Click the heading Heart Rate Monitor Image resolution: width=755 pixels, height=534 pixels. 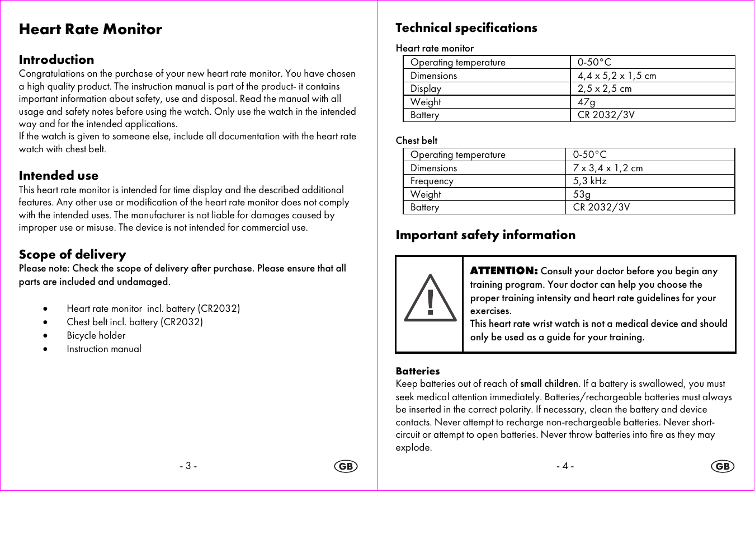91,30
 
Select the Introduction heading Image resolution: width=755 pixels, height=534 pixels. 56,60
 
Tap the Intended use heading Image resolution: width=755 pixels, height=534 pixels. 59,176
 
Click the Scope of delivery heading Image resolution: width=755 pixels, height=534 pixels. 73,255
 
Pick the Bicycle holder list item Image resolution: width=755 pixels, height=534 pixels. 96,336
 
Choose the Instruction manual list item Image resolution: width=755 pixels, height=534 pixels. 104,349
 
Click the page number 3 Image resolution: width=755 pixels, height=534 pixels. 188,466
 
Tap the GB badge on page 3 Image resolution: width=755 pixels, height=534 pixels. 346,466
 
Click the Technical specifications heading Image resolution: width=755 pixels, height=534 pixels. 466,28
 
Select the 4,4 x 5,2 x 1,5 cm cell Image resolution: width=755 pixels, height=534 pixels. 617,76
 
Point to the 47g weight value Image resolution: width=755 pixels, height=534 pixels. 587,102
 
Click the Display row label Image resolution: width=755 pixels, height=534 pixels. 426,88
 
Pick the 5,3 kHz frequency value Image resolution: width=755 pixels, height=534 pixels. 590,181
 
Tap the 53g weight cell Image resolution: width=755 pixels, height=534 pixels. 582,194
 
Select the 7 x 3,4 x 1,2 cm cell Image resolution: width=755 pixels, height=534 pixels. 608,168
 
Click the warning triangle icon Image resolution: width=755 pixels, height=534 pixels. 430,299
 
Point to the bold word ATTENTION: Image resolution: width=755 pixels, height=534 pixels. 504,271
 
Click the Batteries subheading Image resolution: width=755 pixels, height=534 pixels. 418,371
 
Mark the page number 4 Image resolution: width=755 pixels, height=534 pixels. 565,466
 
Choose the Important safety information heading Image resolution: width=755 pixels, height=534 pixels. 485,235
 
